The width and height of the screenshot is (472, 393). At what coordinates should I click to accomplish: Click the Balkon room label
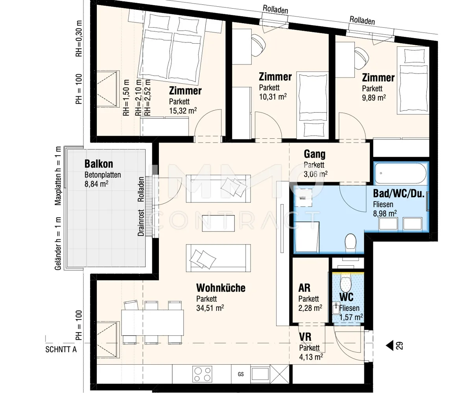pos(99,164)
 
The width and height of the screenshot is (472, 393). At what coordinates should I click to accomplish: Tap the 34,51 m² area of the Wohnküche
pos(210,308)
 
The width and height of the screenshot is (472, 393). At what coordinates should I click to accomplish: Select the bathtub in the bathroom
pos(400,173)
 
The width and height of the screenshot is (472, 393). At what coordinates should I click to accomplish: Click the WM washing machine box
pos(303,198)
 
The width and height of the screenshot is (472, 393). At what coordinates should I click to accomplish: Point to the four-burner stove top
pos(202,374)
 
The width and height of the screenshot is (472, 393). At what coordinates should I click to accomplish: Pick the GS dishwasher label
pos(240,374)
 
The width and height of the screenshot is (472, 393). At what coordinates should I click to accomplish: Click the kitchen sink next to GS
pos(260,374)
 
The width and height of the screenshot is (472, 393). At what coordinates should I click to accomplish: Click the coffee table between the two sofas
pos(218,223)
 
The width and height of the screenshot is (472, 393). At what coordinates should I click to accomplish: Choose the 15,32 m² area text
pos(183,111)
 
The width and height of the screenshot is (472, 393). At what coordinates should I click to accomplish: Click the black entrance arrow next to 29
pos(389,345)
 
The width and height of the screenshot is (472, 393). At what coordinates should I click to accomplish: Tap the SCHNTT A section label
pos(61,349)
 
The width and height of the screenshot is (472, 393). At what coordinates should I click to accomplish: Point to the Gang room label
pos(314,154)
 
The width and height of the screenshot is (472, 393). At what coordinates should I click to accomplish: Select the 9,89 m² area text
pos(374,97)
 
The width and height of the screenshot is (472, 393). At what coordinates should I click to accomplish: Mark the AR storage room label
pos(304,288)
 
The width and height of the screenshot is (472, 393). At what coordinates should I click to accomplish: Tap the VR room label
pos(305,337)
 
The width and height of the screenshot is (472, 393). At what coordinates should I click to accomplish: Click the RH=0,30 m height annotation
pos(79,39)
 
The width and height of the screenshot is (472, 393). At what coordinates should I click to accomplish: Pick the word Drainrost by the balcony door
pos(141,223)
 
